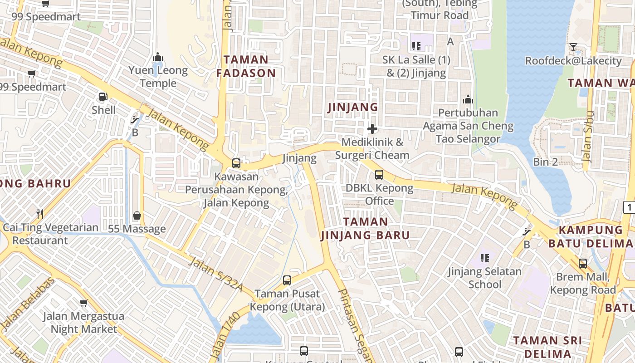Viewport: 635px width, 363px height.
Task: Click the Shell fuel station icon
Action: [103, 96]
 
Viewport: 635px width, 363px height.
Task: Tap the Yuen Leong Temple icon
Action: [158, 57]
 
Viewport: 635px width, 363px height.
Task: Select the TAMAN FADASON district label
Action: [246, 66]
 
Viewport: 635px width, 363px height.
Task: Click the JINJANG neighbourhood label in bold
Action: [352, 107]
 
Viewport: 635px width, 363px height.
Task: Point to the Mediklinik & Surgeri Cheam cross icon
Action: [372, 129]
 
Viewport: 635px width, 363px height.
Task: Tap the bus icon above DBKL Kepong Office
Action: [379, 174]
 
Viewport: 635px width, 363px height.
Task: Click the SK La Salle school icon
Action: [416, 46]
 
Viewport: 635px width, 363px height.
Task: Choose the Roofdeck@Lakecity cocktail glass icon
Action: [573, 47]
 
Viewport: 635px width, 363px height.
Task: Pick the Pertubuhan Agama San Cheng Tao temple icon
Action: [468, 99]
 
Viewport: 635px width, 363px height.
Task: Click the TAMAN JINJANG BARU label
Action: [365, 228]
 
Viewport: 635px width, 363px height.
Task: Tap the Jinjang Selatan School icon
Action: [485, 258]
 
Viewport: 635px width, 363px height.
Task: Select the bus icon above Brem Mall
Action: [583, 263]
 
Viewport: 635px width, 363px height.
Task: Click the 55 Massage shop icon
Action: [137, 216]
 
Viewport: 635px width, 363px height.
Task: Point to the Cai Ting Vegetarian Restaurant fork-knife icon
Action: [40, 214]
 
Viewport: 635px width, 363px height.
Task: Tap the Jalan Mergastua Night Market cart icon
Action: [83, 303]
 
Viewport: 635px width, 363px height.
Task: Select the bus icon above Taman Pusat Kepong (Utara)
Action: [287, 280]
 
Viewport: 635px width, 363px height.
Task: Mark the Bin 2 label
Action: [545, 162]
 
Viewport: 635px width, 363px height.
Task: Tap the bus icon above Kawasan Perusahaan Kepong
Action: [236, 163]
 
